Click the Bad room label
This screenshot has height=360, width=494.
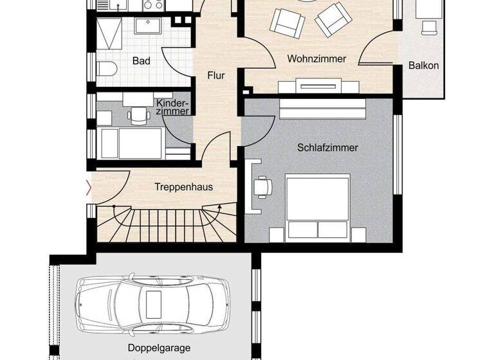point(142,61)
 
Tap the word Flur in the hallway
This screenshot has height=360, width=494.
point(216,76)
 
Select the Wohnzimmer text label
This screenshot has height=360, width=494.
point(316,59)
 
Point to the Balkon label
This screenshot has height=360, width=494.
point(424,65)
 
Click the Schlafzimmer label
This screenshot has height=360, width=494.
point(327,147)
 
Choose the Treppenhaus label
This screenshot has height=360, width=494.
point(183,188)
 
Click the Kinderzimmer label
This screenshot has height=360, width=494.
point(172,107)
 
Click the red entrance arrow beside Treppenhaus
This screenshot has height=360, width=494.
point(89,188)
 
